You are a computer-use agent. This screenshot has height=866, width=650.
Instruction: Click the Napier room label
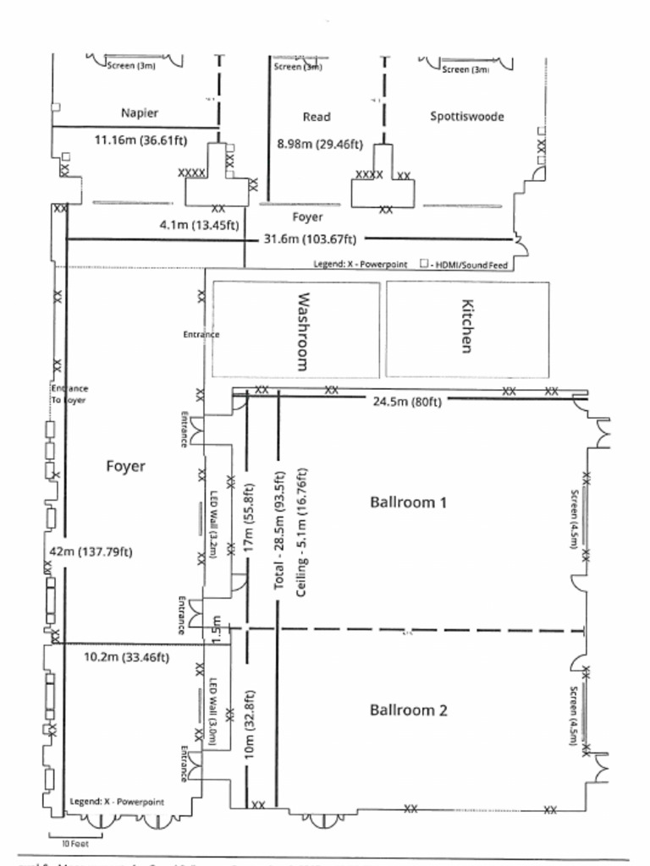(x=140, y=112)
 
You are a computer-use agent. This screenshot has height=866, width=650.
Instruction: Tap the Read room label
(x=317, y=117)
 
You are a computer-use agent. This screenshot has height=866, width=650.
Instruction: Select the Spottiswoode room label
(x=467, y=117)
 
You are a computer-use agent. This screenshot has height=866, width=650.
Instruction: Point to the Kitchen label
(x=466, y=326)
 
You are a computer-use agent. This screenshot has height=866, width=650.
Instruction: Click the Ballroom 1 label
(x=408, y=502)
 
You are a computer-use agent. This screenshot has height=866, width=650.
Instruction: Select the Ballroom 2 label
(x=408, y=710)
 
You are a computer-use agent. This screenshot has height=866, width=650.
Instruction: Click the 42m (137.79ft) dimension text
(x=91, y=551)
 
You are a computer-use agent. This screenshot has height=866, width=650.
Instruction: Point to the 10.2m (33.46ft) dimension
(x=126, y=657)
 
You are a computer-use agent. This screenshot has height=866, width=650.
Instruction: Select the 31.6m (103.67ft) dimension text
(x=310, y=238)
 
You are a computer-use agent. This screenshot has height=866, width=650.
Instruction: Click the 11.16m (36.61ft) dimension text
(x=140, y=140)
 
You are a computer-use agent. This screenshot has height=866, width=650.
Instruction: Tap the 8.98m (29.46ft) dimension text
(x=320, y=144)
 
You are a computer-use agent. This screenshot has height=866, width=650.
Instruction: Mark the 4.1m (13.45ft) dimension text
(x=199, y=225)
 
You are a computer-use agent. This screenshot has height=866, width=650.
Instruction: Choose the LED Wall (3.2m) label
(x=214, y=524)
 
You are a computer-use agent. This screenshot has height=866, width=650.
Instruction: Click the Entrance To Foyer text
(x=69, y=394)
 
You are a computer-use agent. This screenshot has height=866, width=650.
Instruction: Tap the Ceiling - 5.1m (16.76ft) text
(x=302, y=533)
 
